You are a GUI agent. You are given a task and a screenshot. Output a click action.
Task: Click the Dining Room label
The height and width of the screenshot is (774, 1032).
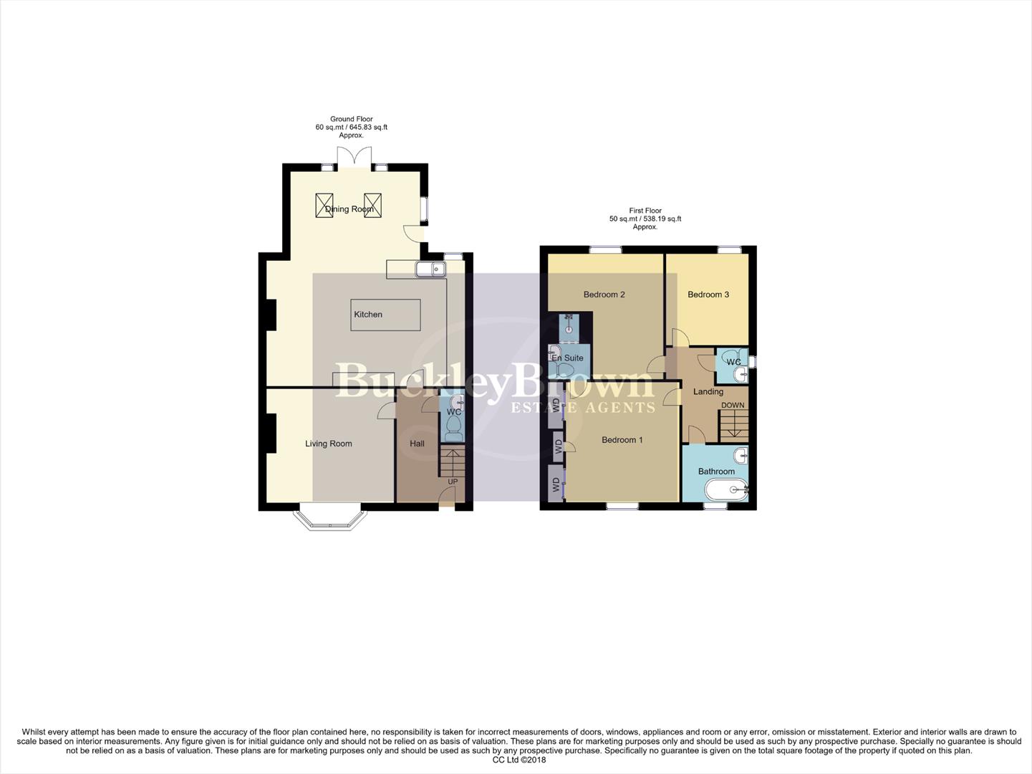click(349, 209)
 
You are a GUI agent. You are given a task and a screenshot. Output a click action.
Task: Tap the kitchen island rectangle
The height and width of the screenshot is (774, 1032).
click(385, 315)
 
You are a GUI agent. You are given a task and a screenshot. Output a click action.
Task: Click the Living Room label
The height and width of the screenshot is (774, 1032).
click(329, 444)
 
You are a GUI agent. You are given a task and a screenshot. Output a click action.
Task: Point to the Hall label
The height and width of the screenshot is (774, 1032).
click(417, 444)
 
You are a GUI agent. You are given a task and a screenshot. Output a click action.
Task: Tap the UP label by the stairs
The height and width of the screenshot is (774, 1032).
click(453, 482)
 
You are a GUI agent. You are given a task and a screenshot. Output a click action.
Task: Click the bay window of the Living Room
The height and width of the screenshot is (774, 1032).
click(331, 519)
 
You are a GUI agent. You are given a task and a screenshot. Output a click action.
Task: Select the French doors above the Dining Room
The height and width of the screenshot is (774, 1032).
click(352, 157)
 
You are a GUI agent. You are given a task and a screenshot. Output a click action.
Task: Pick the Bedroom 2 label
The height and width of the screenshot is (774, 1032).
click(604, 295)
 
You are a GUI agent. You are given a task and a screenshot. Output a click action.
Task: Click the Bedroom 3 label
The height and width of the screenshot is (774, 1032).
click(708, 295)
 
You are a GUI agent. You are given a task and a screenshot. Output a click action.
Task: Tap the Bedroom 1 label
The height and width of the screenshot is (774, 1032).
click(622, 440)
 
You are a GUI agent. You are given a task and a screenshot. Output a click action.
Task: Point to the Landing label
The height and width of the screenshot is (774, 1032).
click(708, 391)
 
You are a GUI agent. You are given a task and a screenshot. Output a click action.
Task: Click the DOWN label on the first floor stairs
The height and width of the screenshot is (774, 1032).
click(733, 405)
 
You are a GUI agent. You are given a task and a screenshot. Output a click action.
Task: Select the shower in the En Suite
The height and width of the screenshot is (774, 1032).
click(569, 326)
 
